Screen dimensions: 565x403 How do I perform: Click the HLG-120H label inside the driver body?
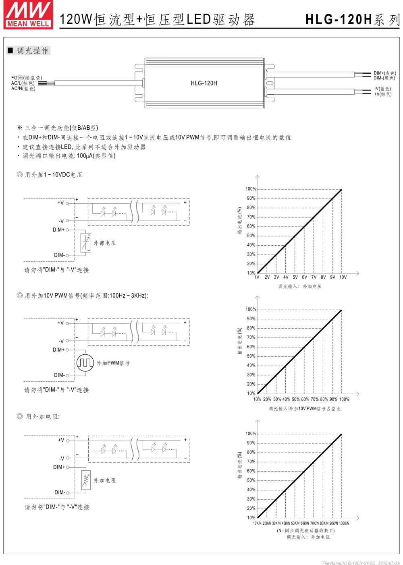[x=204, y=83]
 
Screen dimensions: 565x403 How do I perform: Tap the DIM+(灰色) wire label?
[x=384, y=73]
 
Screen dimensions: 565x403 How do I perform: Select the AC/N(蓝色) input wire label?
[x=23, y=89]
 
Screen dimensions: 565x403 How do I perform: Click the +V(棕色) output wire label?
[x=382, y=94]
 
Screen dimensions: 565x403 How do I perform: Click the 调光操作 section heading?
[x=33, y=51]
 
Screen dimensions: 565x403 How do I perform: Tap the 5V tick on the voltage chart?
[x=295, y=277]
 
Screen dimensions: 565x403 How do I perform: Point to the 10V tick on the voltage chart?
[x=343, y=277]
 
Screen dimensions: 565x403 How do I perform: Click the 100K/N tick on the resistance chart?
[x=344, y=523]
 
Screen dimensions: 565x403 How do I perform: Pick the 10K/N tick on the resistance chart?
[x=258, y=523]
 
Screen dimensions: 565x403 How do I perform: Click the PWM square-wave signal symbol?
[x=85, y=362]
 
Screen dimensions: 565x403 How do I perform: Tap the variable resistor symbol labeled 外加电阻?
[x=85, y=480]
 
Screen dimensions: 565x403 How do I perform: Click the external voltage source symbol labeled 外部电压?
[x=85, y=243]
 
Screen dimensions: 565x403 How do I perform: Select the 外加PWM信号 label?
[x=113, y=363]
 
